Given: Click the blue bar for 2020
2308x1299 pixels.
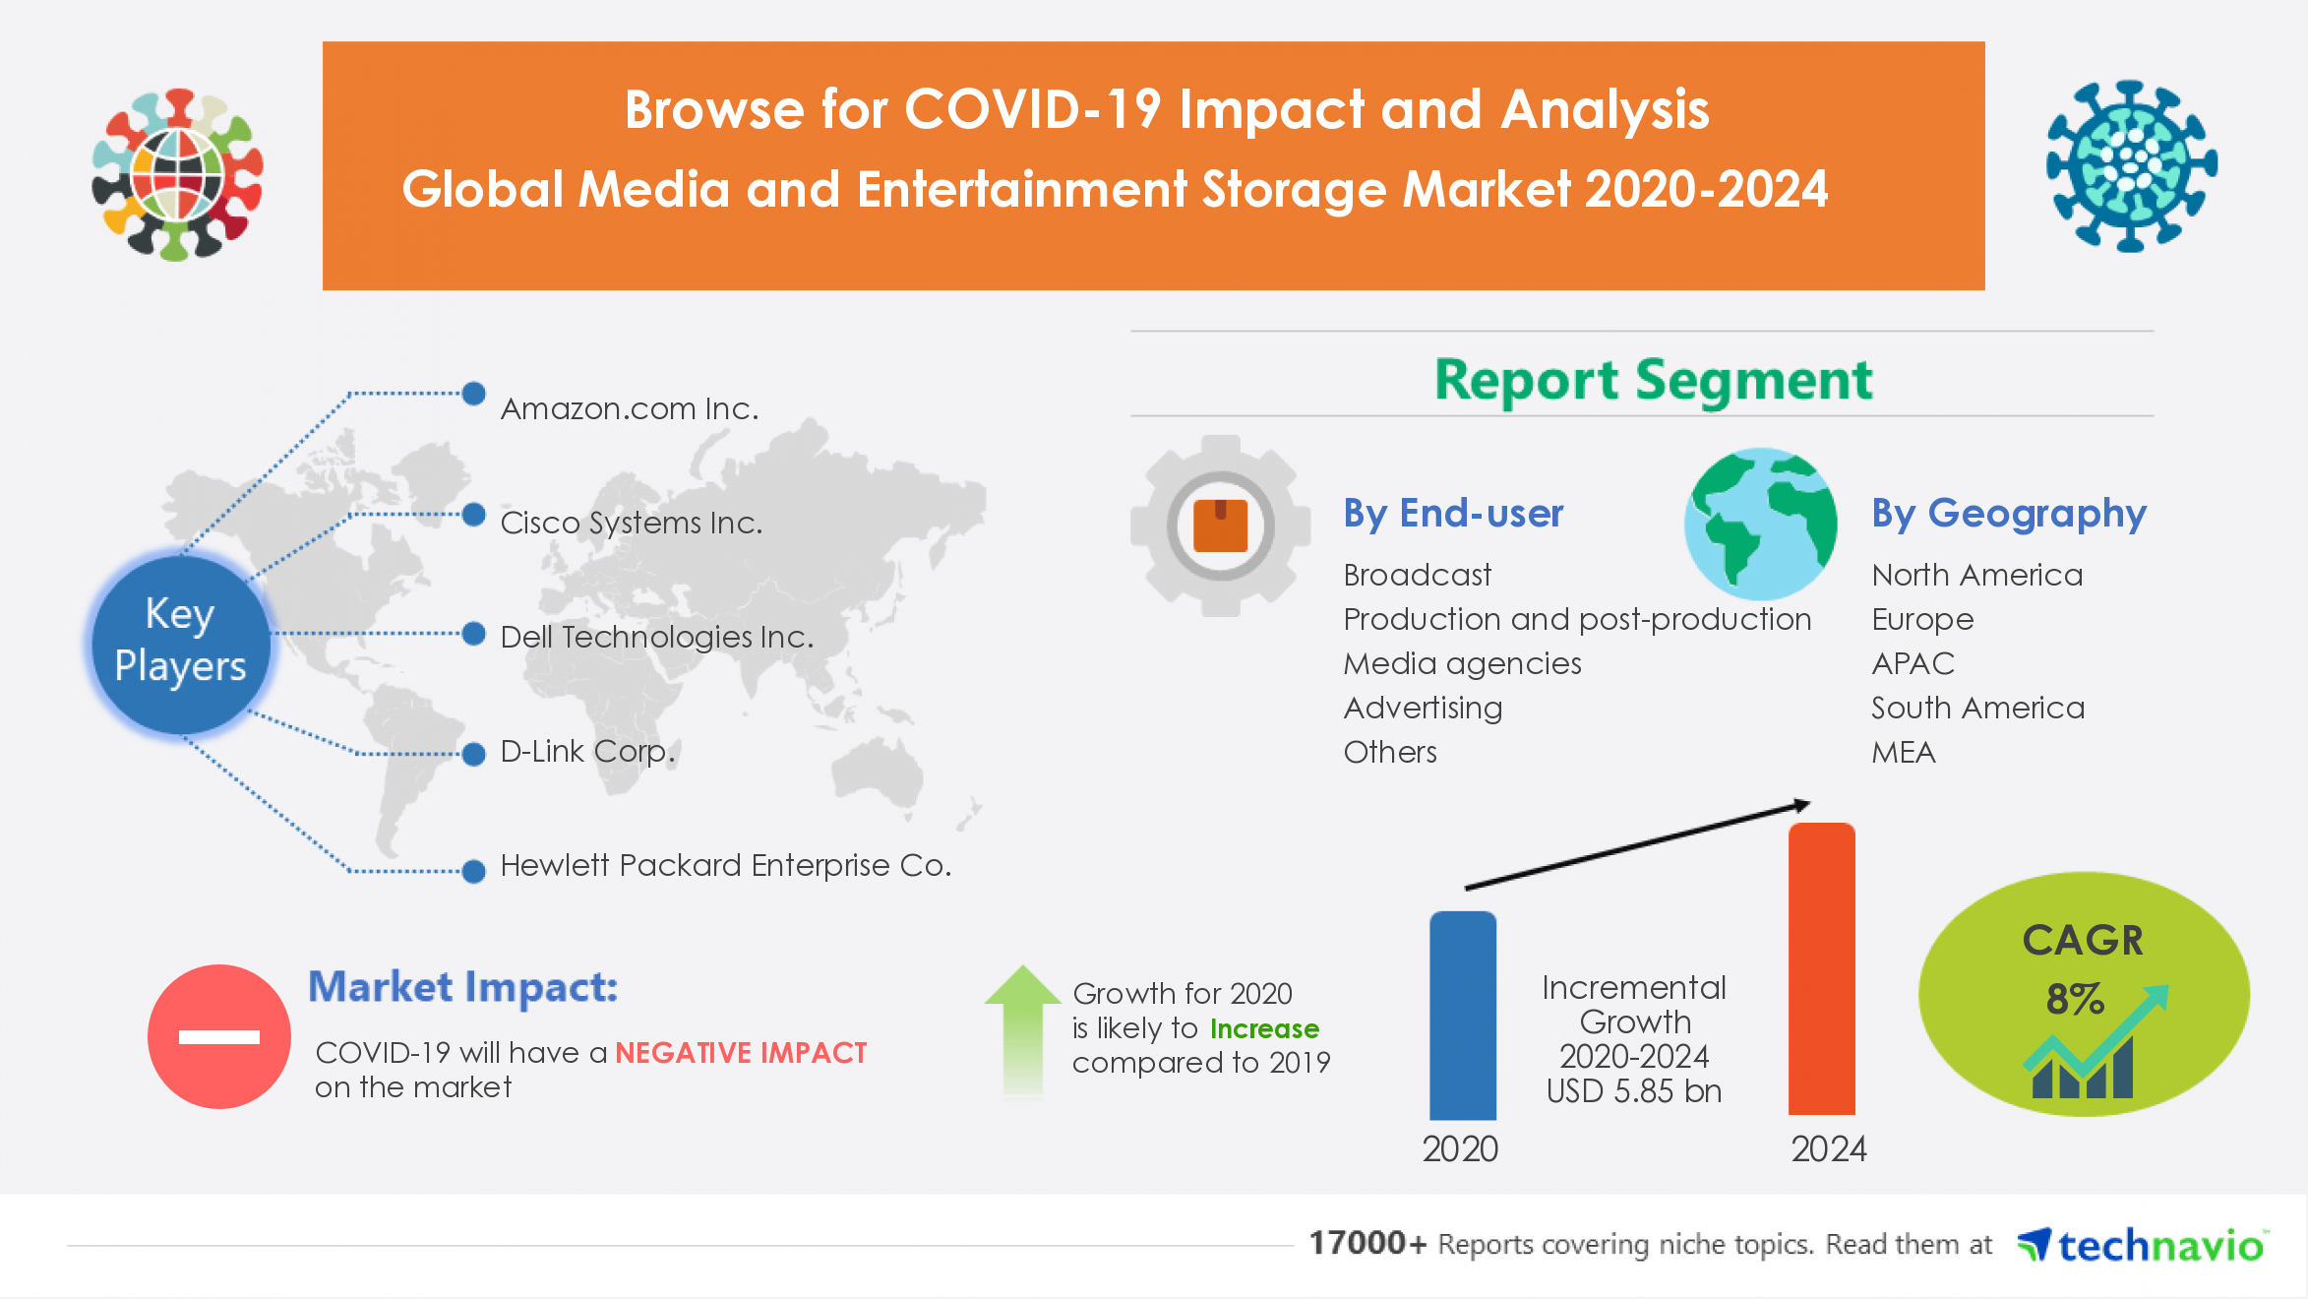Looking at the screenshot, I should click(x=1462, y=1016).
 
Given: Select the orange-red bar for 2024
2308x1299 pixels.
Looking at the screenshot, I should click(x=1821, y=969).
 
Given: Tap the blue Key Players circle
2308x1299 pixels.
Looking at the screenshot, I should click(x=181, y=642).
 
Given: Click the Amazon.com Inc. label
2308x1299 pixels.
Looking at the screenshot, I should click(x=630, y=408).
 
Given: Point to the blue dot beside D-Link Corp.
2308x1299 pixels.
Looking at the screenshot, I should click(x=474, y=754).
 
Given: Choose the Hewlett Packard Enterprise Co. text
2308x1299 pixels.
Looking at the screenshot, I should click(x=725, y=865).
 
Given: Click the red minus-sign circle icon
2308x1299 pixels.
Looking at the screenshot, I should click(x=218, y=1036).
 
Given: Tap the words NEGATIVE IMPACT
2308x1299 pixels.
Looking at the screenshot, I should click(x=741, y=1053).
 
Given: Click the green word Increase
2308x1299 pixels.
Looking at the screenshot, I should click(x=1264, y=1028).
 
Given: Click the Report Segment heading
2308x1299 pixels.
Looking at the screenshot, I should click(x=1653, y=380).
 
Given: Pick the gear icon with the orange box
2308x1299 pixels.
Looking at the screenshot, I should click(x=1220, y=526).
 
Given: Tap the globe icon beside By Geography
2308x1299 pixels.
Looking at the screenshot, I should click(x=1760, y=524).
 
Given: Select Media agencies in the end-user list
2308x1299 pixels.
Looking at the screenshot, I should click(x=1462, y=663).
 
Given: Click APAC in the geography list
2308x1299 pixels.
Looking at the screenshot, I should click(x=1913, y=663).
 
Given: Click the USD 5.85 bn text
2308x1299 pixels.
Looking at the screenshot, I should click(x=1633, y=1090).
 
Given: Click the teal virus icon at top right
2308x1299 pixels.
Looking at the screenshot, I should click(x=2131, y=165).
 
